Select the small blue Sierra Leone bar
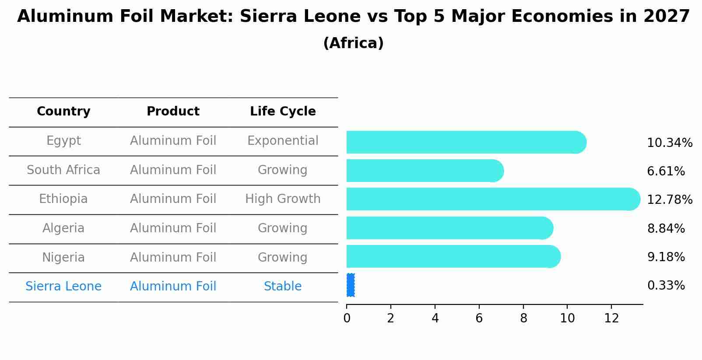(350, 285)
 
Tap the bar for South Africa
(425, 171)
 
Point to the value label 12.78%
(669, 200)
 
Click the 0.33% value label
(666, 286)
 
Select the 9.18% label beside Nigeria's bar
(666, 257)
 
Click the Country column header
(63, 112)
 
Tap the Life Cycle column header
(283, 112)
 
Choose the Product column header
(173, 112)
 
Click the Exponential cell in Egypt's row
(283, 141)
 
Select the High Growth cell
(283, 199)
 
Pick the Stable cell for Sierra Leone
(283, 287)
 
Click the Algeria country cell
(63, 228)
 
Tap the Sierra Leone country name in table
(63, 287)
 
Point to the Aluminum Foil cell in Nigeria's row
(173, 258)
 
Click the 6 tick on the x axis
(479, 318)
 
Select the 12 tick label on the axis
(611, 318)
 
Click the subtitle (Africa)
(353, 43)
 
